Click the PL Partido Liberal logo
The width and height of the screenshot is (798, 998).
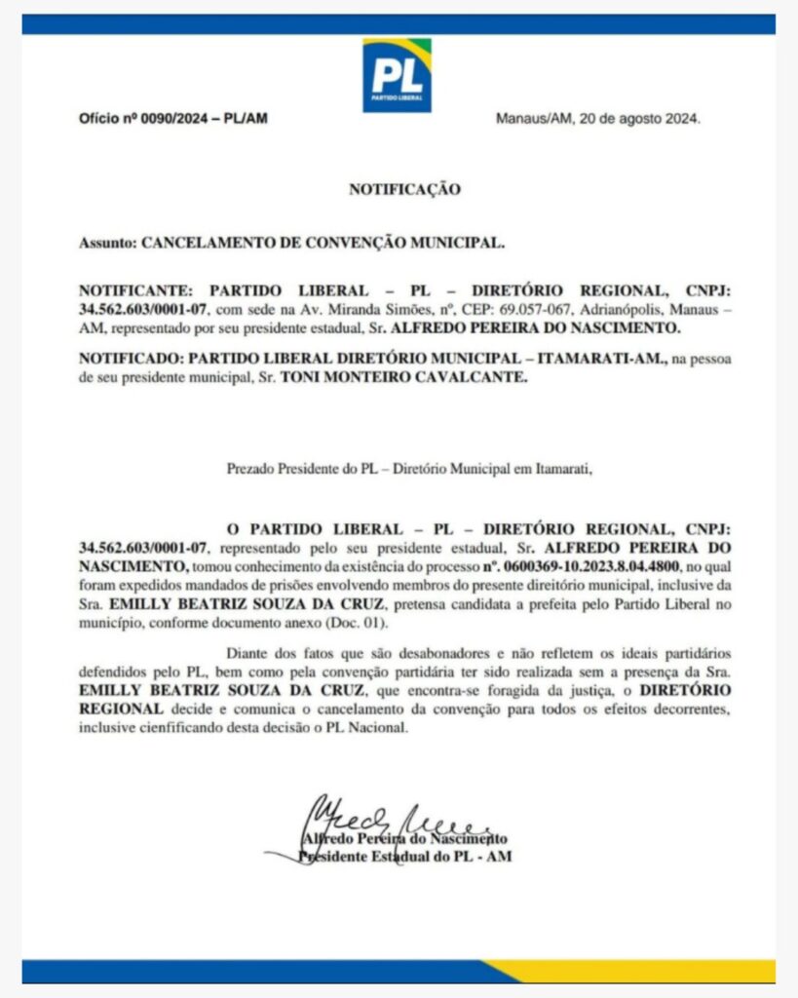[x=397, y=75]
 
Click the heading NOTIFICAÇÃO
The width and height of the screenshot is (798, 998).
[x=404, y=190]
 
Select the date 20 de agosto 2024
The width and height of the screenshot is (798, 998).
[x=639, y=119]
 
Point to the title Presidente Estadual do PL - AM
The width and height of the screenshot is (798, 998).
[x=404, y=857]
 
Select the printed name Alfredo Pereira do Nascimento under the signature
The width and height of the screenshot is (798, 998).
[x=404, y=838]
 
